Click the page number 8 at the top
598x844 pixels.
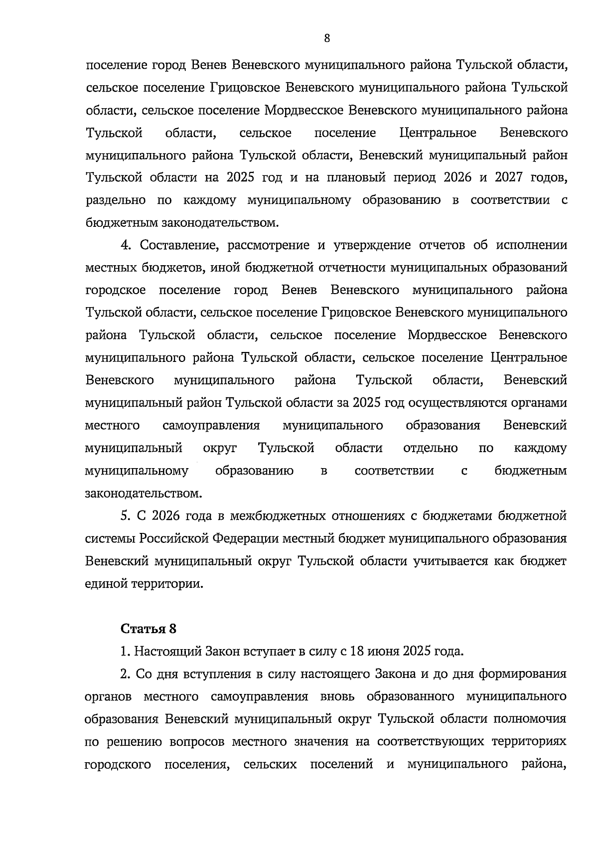pos(327,38)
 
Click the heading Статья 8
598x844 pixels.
pos(149,628)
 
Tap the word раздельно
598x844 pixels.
pos(116,200)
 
